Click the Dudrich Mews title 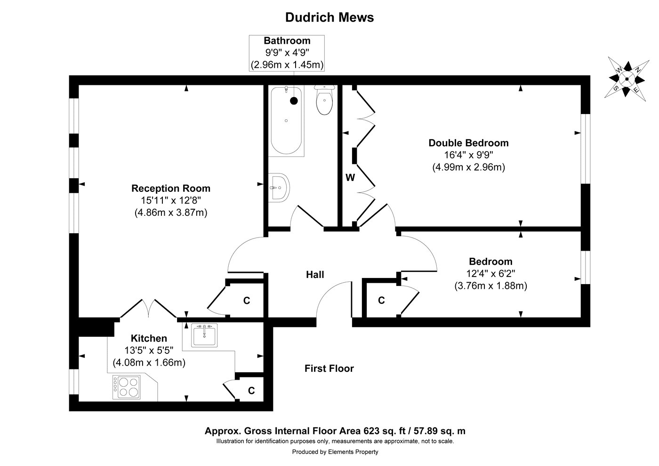[x=329, y=17]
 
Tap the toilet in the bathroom [x=324, y=101]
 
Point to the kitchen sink [x=204, y=335]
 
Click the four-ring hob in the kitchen [x=126, y=387]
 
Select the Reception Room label [x=170, y=188]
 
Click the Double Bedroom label [x=468, y=143]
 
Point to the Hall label [x=315, y=274]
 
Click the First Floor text [x=329, y=368]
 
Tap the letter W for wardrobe [x=350, y=178]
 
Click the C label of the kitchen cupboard [x=251, y=391]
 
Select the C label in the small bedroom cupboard [x=381, y=300]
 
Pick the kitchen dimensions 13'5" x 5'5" [x=149, y=351]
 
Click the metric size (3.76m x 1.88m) [x=490, y=286]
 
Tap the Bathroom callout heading [x=287, y=41]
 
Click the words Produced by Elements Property [x=335, y=452]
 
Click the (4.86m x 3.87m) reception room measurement [x=170, y=213]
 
